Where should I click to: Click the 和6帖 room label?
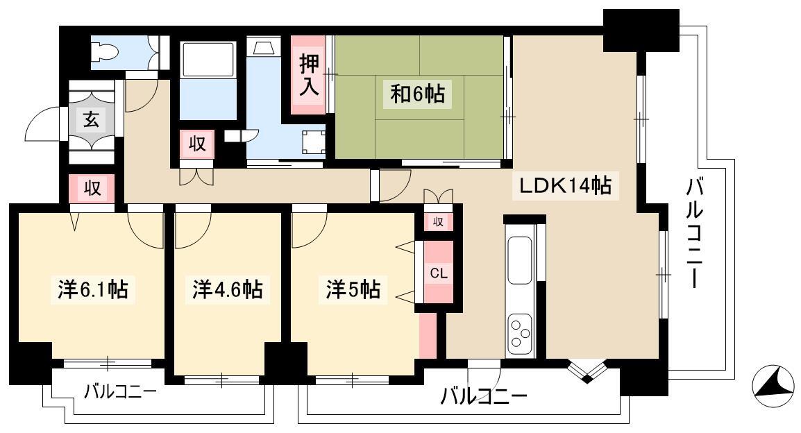[x=417, y=94]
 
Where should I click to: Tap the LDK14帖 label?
[x=565, y=185]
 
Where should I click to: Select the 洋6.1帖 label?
[x=92, y=289]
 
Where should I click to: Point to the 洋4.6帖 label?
[x=228, y=289]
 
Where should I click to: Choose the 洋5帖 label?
[x=353, y=289]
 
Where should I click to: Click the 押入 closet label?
[x=309, y=76]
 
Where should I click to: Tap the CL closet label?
[x=438, y=273]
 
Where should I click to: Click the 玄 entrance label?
[x=92, y=121]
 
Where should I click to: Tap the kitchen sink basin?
[x=519, y=260]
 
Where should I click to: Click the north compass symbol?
[x=773, y=387]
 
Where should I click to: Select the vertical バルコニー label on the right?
[x=694, y=233]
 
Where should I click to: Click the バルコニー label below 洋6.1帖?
[x=121, y=392]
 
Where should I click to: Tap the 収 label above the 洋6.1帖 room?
[x=92, y=189]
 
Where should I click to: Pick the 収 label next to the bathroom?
[x=197, y=144]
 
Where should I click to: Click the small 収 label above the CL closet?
[x=438, y=221]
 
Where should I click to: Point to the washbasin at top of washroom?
[x=264, y=47]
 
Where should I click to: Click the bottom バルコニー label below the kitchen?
[x=484, y=396]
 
